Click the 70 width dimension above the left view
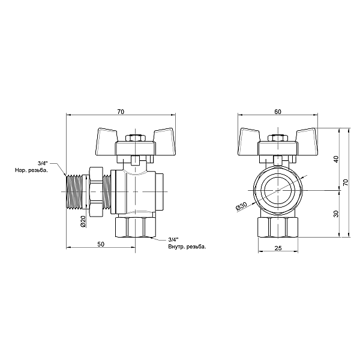click(121, 111)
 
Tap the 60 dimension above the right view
click(277, 111)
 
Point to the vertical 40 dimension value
click(337, 159)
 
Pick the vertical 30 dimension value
click(337, 213)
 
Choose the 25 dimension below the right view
click(278, 248)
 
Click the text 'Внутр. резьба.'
click(187, 247)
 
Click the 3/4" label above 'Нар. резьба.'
click(43, 164)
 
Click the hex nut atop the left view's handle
click(137, 138)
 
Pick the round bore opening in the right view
click(278, 191)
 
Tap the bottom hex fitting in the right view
click(278, 226)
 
